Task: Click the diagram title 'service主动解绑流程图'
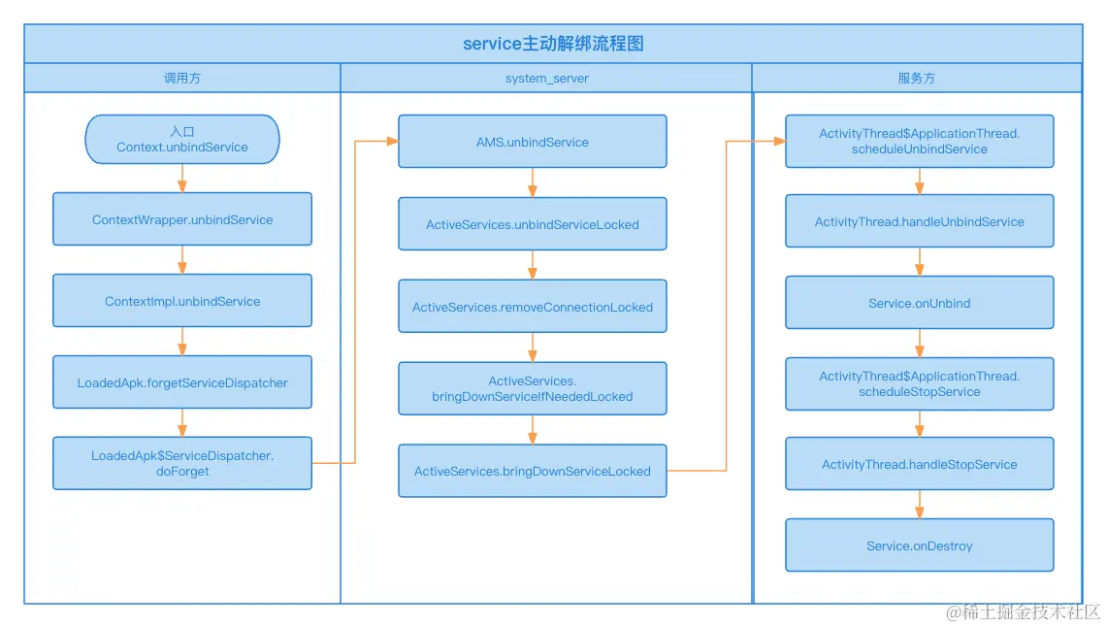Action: click(552, 44)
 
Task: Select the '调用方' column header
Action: click(181, 78)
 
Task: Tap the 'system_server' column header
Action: click(546, 78)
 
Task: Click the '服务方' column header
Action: click(917, 78)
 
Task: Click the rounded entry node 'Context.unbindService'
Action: click(182, 140)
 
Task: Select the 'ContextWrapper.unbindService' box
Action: click(182, 219)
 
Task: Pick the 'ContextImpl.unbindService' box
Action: click(182, 301)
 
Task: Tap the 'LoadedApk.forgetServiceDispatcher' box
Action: click(182, 382)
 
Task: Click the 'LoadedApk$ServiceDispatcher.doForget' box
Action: click(182, 463)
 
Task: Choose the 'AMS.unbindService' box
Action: click(532, 142)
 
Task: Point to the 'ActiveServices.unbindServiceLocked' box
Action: click(532, 224)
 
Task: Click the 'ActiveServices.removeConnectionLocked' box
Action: click(532, 307)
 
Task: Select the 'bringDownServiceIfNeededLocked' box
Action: click(532, 388)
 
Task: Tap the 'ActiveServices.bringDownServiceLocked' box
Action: click(532, 471)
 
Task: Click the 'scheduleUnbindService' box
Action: click(919, 142)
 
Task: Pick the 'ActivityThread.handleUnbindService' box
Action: click(919, 221)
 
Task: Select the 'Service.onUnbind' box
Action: click(919, 303)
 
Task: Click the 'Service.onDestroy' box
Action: click(919, 545)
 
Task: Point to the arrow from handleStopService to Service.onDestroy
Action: click(920, 504)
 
